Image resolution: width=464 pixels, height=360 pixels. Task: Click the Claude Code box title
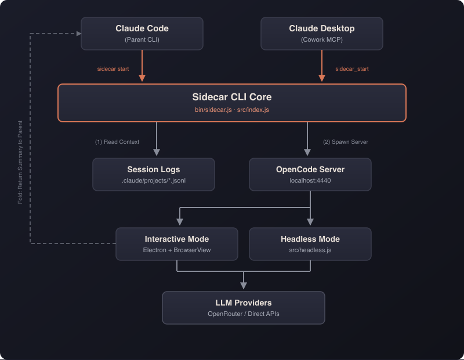pyautogui.click(x=142, y=28)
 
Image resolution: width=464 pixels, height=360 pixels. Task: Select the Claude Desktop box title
pyautogui.click(x=321, y=28)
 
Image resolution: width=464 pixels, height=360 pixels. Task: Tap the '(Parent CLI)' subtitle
pyautogui.click(x=142, y=40)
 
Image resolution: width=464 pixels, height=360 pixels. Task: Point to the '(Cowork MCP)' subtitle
pyautogui.click(x=321, y=40)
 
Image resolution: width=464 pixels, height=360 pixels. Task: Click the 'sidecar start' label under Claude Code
pyautogui.click(x=113, y=69)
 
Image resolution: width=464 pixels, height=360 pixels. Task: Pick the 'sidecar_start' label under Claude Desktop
pyautogui.click(x=351, y=69)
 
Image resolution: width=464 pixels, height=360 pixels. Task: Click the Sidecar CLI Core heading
pyautogui.click(x=231, y=97)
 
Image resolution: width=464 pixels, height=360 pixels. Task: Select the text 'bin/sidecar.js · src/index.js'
pyautogui.click(x=231, y=110)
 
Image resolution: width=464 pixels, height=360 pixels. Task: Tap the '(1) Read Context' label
pyautogui.click(x=117, y=142)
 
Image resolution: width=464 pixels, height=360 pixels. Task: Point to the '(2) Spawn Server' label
pyautogui.click(x=346, y=142)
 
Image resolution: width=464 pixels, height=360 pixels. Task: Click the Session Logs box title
pyautogui.click(x=153, y=170)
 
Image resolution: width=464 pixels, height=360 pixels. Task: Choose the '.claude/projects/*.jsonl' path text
pyautogui.click(x=153, y=181)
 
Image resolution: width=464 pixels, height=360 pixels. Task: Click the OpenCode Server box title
pyautogui.click(x=310, y=170)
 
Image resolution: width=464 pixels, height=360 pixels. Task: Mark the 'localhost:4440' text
pyautogui.click(x=310, y=181)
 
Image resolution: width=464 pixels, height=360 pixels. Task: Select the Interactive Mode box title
pyautogui.click(x=176, y=239)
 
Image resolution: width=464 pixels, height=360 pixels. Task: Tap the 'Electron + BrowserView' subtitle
pyautogui.click(x=176, y=250)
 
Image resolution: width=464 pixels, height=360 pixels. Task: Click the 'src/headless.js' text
pyautogui.click(x=310, y=250)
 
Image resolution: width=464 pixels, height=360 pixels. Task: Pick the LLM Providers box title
pyautogui.click(x=243, y=303)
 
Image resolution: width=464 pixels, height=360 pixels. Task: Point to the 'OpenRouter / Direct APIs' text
pyautogui.click(x=243, y=314)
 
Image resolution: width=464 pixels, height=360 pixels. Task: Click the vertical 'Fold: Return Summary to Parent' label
pyautogui.click(x=20, y=162)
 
